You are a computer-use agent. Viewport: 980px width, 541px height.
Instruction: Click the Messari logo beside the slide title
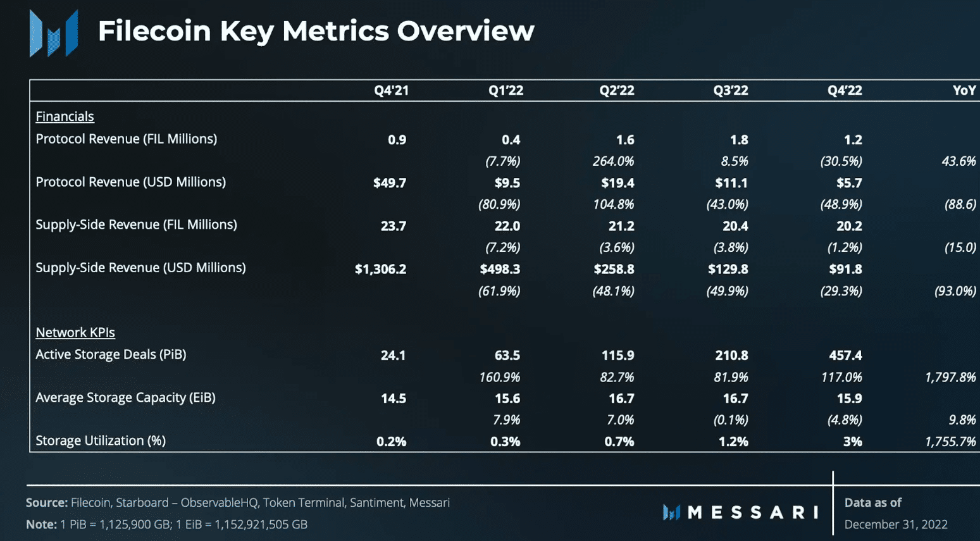pyautogui.click(x=54, y=33)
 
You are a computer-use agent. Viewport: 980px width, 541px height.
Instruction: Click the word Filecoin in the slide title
pyautogui.click(x=154, y=31)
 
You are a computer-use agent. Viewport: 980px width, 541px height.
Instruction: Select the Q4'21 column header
pyautogui.click(x=391, y=90)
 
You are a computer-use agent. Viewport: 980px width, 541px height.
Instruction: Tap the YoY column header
pyautogui.click(x=964, y=90)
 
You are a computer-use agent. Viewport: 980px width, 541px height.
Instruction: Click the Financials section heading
pyautogui.click(x=65, y=116)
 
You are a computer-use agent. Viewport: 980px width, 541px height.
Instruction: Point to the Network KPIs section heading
pyautogui.click(x=75, y=332)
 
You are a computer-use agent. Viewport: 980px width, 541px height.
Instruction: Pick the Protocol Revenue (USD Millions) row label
pyautogui.click(x=130, y=182)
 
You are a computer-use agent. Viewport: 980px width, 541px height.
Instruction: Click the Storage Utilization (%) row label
pyautogui.click(x=101, y=440)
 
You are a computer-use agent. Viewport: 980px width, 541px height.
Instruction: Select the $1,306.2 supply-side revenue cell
pyautogui.click(x=380, y=269)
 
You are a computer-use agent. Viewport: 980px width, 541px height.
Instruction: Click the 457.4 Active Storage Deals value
pyautogui.click(x=845, y=356)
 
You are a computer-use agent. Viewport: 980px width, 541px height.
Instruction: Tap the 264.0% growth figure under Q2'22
pyautogui.click(x=613, y=161)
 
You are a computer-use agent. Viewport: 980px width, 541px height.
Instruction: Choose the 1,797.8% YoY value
pyautogui.click(x=950, y=378)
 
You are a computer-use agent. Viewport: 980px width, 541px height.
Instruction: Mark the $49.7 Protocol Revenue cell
pyautogui.click(x=390, y=183)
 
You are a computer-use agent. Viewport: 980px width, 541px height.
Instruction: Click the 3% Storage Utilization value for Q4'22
pyautogui.click(x=852, y=442)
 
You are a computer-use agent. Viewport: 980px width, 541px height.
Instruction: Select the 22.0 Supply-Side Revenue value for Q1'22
pyautogui.click(x=507, y=226)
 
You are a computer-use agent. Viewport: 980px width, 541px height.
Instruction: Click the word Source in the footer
pyautogui.click(x=46, y=502)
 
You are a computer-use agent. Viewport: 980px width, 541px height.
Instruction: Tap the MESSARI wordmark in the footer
pyautogui.click(x=752, y=512)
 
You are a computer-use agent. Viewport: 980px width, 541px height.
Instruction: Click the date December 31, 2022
pyautogui.click(x=895, y=525)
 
